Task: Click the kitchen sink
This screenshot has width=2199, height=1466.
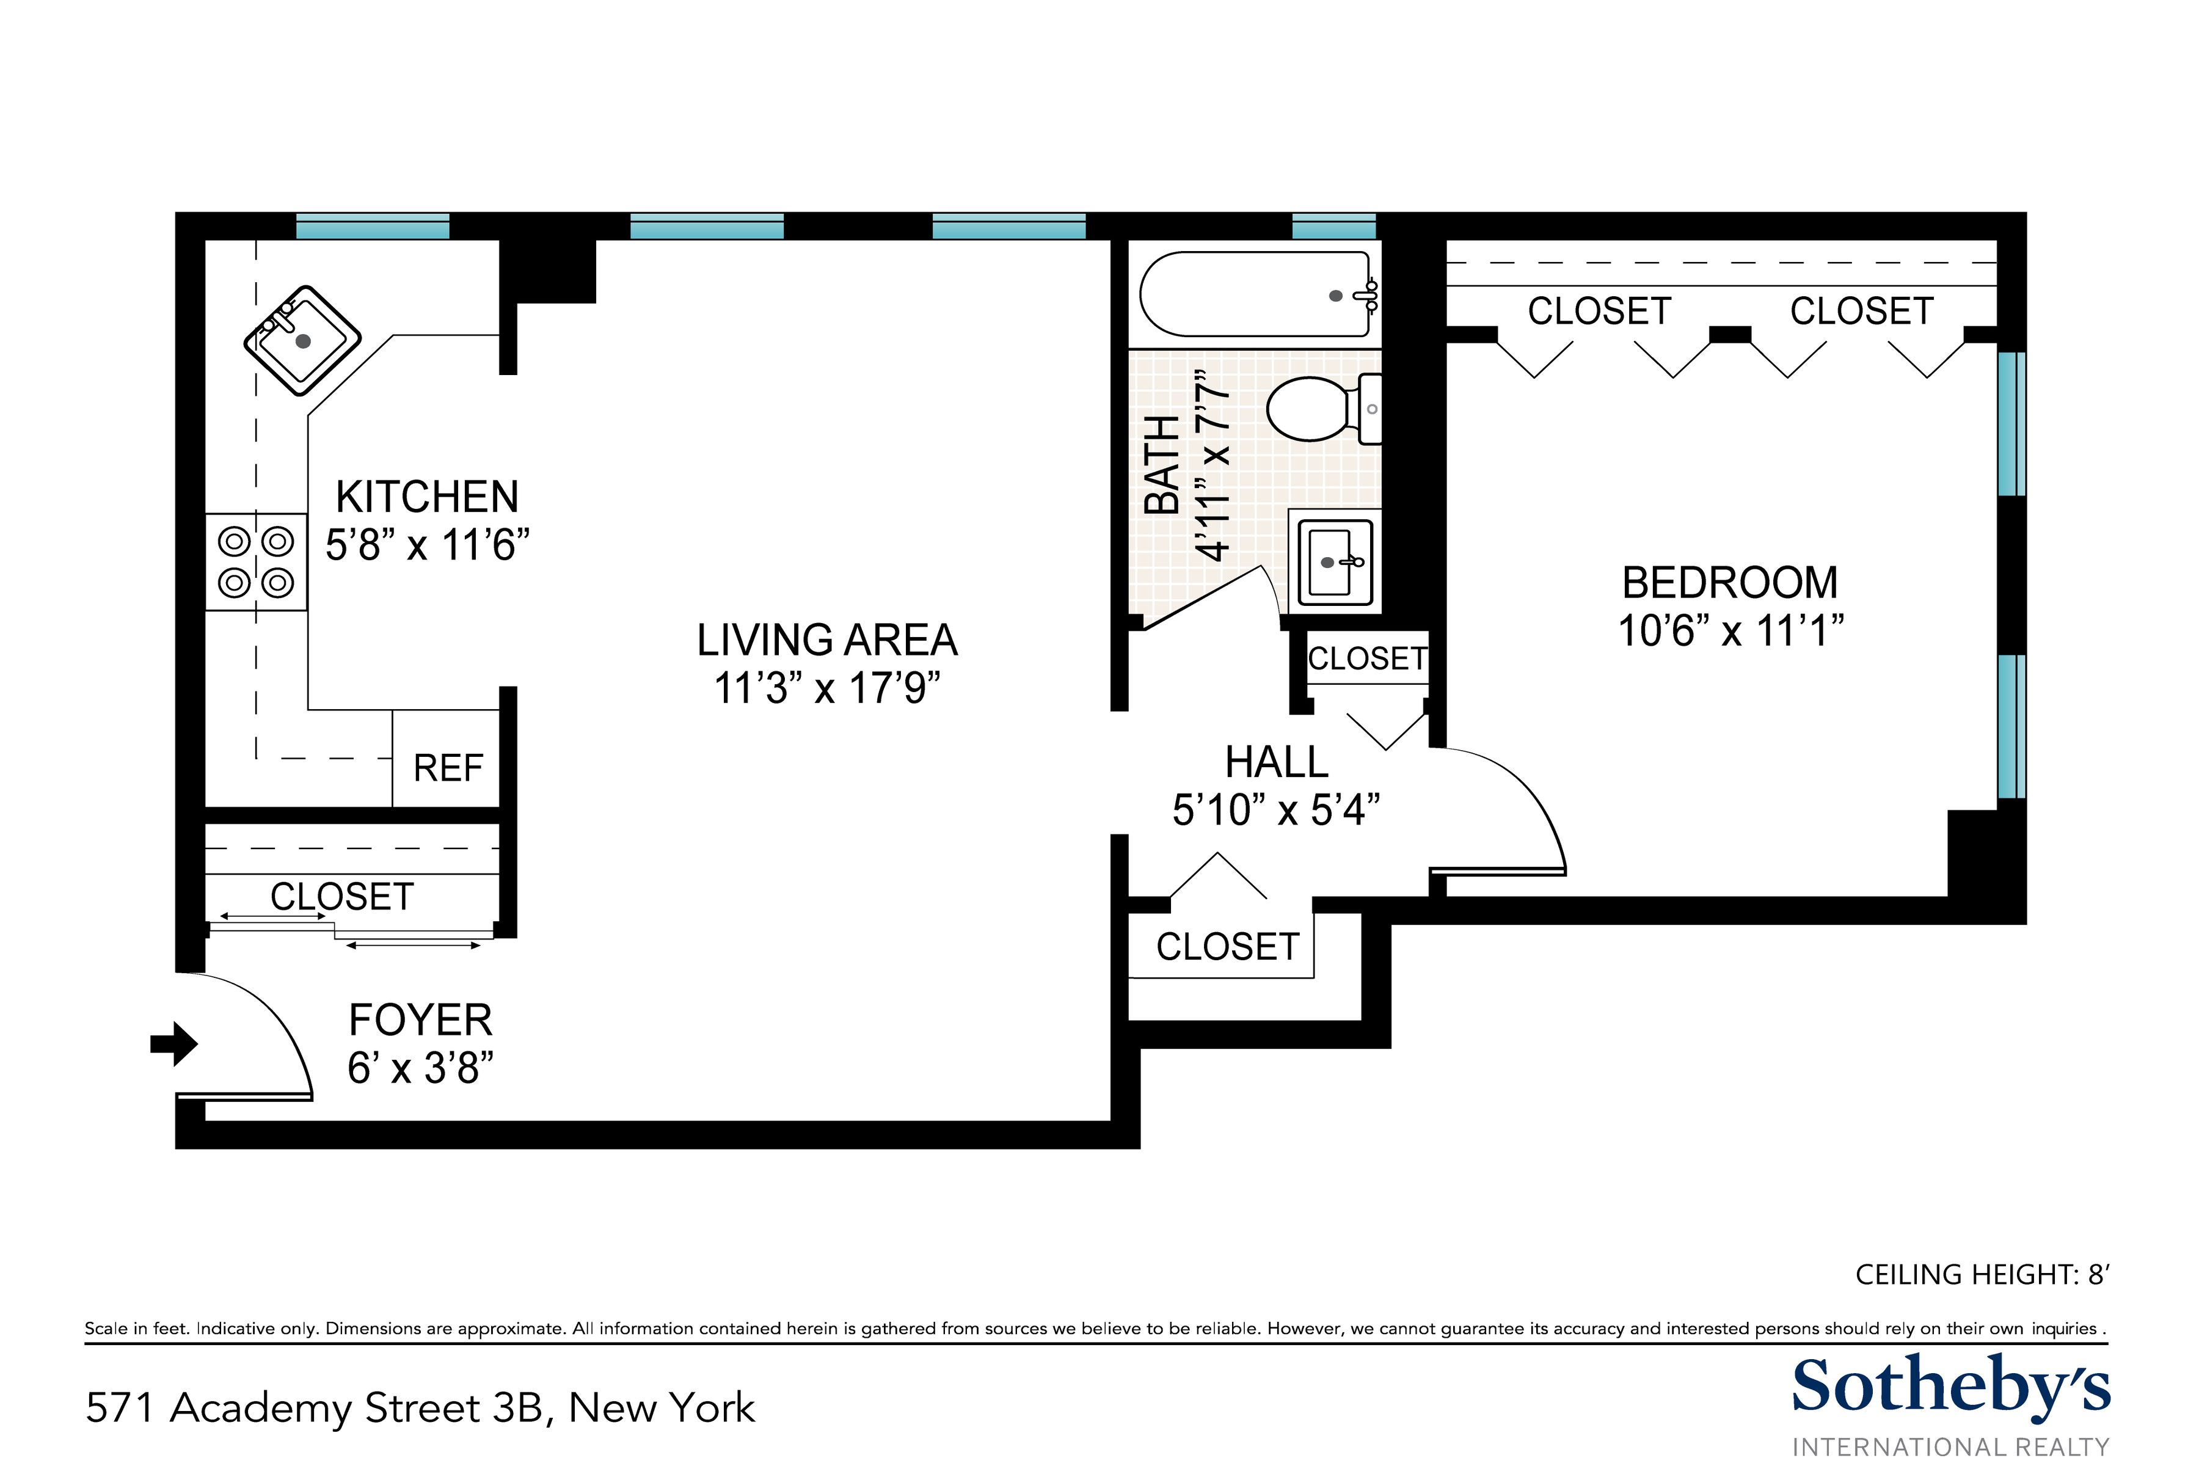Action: (x=302, y=340)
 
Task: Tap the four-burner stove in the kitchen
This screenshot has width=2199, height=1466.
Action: (x=256, y=562)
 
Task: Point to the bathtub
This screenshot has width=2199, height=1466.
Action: (x=1258, y=294)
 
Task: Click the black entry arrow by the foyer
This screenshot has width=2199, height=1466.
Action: (x=174, y=1043)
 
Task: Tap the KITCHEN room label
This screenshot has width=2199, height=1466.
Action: (x=427, y=497)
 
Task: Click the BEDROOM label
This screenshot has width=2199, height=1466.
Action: (x=1730, y=583)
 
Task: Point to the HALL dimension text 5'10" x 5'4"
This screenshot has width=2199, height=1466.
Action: (x=1276, y=810)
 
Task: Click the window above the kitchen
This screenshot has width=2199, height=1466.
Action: (x=373, y=226)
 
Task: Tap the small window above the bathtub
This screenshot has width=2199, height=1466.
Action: (x=1334, y=226)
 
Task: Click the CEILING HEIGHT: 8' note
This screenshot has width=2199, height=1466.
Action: (x=1982, y=1275)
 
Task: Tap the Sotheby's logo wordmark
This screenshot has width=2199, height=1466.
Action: (x=1951, y=1387)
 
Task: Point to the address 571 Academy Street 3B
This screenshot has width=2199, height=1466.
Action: (x=314, y=1408)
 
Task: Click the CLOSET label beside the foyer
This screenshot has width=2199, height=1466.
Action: (x=342, y=897)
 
